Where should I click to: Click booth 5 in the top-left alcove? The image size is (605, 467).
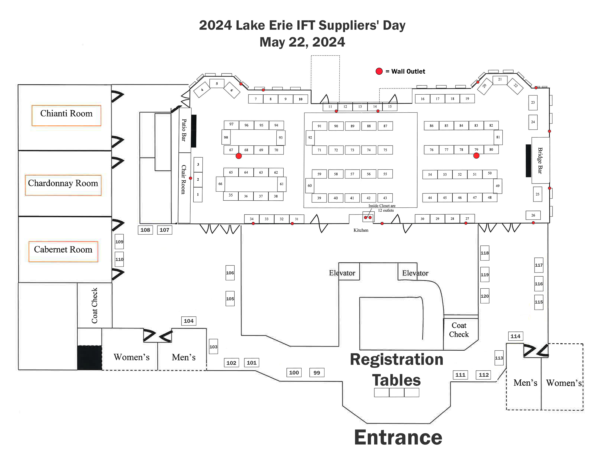click(217, 83)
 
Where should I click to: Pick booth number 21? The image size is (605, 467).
click(500, 80)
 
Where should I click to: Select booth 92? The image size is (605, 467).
click(310, 138)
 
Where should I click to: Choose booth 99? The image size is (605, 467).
click(317, 373)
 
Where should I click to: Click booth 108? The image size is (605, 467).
click(145, 230)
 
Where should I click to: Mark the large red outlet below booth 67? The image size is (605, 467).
click(239, 156)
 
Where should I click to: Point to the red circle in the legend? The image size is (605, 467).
click(379, 71)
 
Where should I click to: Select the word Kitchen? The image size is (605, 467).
click(361, 230)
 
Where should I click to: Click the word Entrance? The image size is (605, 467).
click(398, 438)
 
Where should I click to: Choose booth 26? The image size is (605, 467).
click(533, 215)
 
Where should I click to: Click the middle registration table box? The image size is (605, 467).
click(396, 392)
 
